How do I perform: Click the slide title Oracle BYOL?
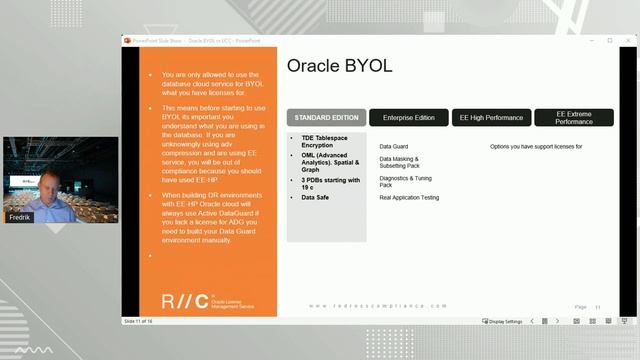[339, 66]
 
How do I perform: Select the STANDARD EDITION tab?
[326, 118]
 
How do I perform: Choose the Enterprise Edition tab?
[408, 118]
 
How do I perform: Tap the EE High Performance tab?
[491, 118]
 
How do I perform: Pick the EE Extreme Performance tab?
[574, 118]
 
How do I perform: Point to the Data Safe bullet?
[315, 197]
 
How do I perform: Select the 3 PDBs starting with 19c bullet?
[323, 182]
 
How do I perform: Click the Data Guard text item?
[393, 146]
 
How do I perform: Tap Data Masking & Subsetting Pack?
[400, 162]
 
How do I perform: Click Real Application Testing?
[409, 198]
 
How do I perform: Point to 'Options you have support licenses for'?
[536, 146]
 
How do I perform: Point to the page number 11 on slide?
[598, 307]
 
